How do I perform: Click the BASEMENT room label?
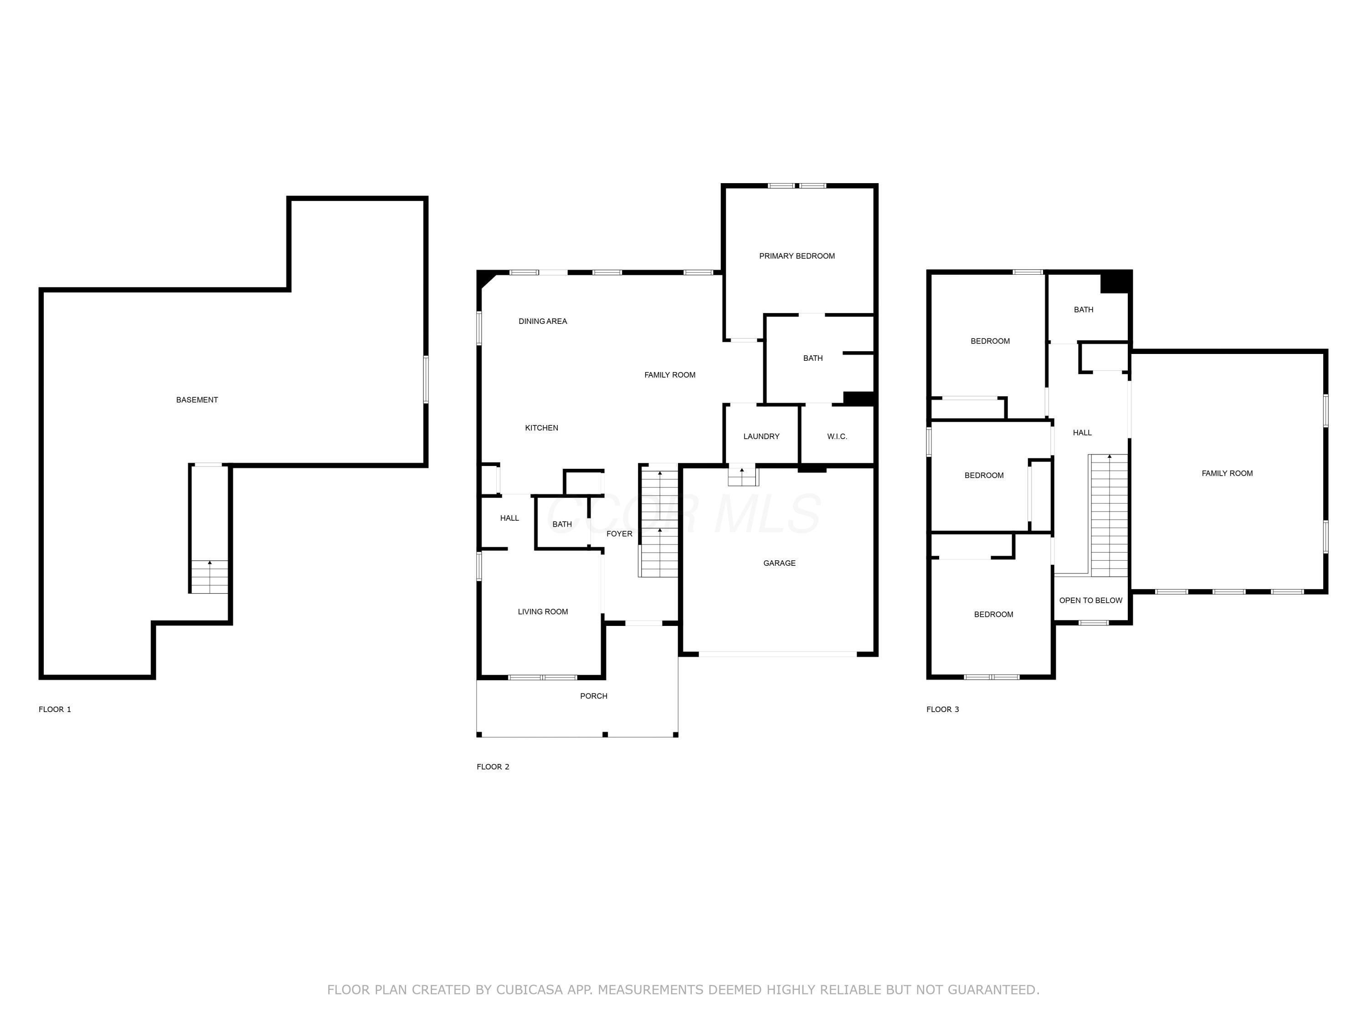[x=197, y=400]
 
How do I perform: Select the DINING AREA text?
[x=543, y=321]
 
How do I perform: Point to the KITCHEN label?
[x=541, y=428]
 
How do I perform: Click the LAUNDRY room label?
[x=761, y=436]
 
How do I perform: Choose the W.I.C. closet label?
[x=838, y=436]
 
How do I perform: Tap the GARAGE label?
[x=779, y=563]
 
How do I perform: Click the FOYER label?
[x=619, y=534]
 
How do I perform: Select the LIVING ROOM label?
[x=543, y=612]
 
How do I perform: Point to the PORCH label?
[x=593, y=696]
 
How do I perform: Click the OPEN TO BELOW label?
[x=1091, y=600]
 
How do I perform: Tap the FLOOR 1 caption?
[x=55, y=709]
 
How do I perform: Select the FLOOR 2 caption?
[x=493, y=767]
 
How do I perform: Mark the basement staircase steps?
[x=210, y=576]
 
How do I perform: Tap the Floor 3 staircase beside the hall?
[x=1109, y=515]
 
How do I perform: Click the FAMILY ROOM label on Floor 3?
[x=1227, y=473]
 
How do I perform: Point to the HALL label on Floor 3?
[x=1082, y=432]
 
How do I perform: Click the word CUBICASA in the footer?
[x=529, y=990]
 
